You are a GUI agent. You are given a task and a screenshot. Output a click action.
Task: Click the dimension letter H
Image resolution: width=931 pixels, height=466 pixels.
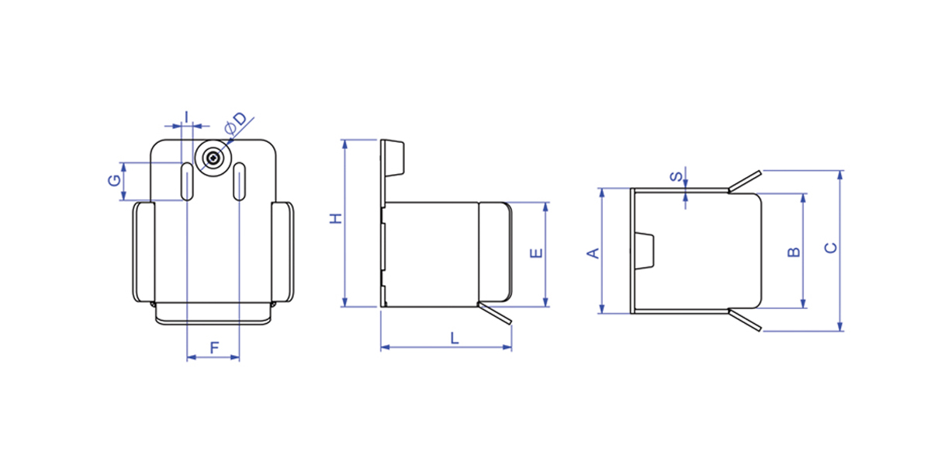tap(335, 218)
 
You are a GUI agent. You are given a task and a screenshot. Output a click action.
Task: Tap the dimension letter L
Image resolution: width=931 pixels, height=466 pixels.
tap(455, 339)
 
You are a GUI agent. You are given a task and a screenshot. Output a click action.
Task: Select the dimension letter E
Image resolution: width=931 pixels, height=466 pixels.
tap(537, 253)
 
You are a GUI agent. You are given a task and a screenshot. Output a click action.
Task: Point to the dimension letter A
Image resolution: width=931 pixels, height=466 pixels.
tap(593, 253)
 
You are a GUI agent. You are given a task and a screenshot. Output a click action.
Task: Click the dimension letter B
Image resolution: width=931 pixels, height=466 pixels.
tap(794, 252)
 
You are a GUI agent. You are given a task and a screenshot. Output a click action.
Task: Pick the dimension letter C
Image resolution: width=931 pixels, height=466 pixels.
tap(831, 248)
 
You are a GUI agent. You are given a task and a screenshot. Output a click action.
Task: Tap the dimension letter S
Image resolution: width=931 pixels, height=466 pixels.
tap(677, 177)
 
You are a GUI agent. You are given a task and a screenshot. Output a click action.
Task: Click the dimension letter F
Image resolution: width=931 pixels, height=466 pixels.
tap(214, 348)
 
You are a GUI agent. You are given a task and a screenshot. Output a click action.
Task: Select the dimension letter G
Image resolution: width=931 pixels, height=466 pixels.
tap(114, 180)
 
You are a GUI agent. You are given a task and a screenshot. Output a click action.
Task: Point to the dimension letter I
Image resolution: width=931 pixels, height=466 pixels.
tap(187, 117)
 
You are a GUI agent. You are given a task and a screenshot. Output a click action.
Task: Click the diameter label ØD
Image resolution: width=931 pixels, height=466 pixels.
tap(236, 123)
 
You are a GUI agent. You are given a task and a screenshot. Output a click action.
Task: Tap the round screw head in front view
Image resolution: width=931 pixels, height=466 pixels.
tap(213, 158)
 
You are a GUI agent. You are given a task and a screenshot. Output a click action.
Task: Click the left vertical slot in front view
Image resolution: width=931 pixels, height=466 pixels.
tap(187, 182)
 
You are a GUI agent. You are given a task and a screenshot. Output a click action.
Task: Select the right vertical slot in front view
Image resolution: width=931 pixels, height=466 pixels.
tap(240, 182)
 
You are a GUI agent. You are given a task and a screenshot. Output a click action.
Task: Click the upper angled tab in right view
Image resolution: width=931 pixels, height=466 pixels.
tap(745, 182)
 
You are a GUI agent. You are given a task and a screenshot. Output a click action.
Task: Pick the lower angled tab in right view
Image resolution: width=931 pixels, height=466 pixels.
tap(745, 320)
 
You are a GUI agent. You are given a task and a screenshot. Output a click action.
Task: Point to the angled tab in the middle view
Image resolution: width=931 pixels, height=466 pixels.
tap(495, 313)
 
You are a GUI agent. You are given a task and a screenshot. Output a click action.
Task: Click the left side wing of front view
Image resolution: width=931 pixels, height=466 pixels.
tap(144, 252)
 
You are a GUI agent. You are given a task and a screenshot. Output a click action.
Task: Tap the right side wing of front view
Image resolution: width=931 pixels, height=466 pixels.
tap(282, 252)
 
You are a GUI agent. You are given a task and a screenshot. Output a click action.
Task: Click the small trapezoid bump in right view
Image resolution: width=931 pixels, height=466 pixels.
tap(645, 251)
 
